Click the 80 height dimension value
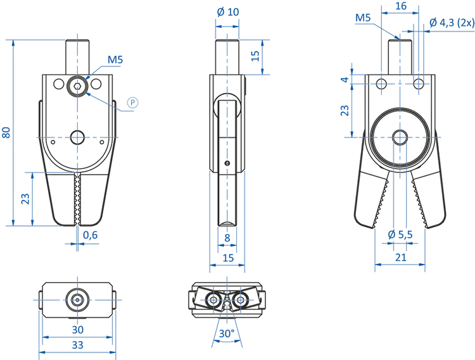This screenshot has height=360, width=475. click(6, 132)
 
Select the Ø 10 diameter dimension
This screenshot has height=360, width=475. click(227, 12)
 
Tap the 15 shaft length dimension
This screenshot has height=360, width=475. click(255, 56)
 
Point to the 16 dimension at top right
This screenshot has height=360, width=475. click(400, 6)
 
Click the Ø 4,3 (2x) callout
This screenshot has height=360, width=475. click(450, 23)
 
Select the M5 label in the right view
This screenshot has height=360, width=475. click(363, 18)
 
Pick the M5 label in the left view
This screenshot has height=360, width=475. click(115, 60)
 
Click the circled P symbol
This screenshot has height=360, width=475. click(132, 102)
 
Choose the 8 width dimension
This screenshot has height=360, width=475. click(227, 238)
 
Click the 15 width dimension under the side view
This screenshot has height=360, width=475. click(227, 258)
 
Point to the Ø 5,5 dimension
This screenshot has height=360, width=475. click(400, 235)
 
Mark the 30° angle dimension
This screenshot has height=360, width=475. click(226, 333)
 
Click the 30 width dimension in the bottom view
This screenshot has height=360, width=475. click(77, 330)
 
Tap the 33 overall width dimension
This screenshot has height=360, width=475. click(77, 345)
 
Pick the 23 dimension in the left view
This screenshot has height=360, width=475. click(25, 198)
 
